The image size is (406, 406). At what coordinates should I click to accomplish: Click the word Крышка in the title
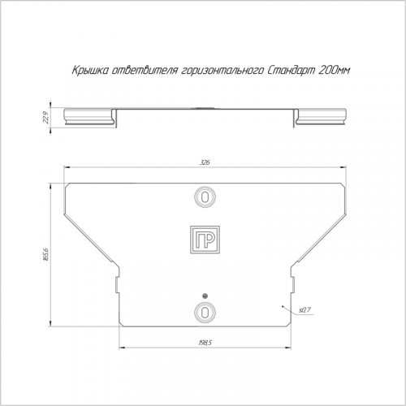tap(90, 71)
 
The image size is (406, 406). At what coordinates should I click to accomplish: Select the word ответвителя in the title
tap(145, 71)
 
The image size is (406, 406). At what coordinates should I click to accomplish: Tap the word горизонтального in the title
tap(222, 71)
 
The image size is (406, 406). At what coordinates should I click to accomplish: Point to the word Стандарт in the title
tap(292, 71)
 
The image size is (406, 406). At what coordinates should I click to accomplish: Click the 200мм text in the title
tap(335, 71)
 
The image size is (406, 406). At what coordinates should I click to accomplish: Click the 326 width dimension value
tap(205, 162)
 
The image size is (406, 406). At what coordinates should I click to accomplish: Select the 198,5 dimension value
tap(205, 343)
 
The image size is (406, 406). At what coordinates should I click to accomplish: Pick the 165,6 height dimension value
tap(45, 254)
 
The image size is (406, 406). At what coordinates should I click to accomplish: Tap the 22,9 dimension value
tap(45, 118)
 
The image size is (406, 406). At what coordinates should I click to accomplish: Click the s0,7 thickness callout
tap(304, 310)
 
